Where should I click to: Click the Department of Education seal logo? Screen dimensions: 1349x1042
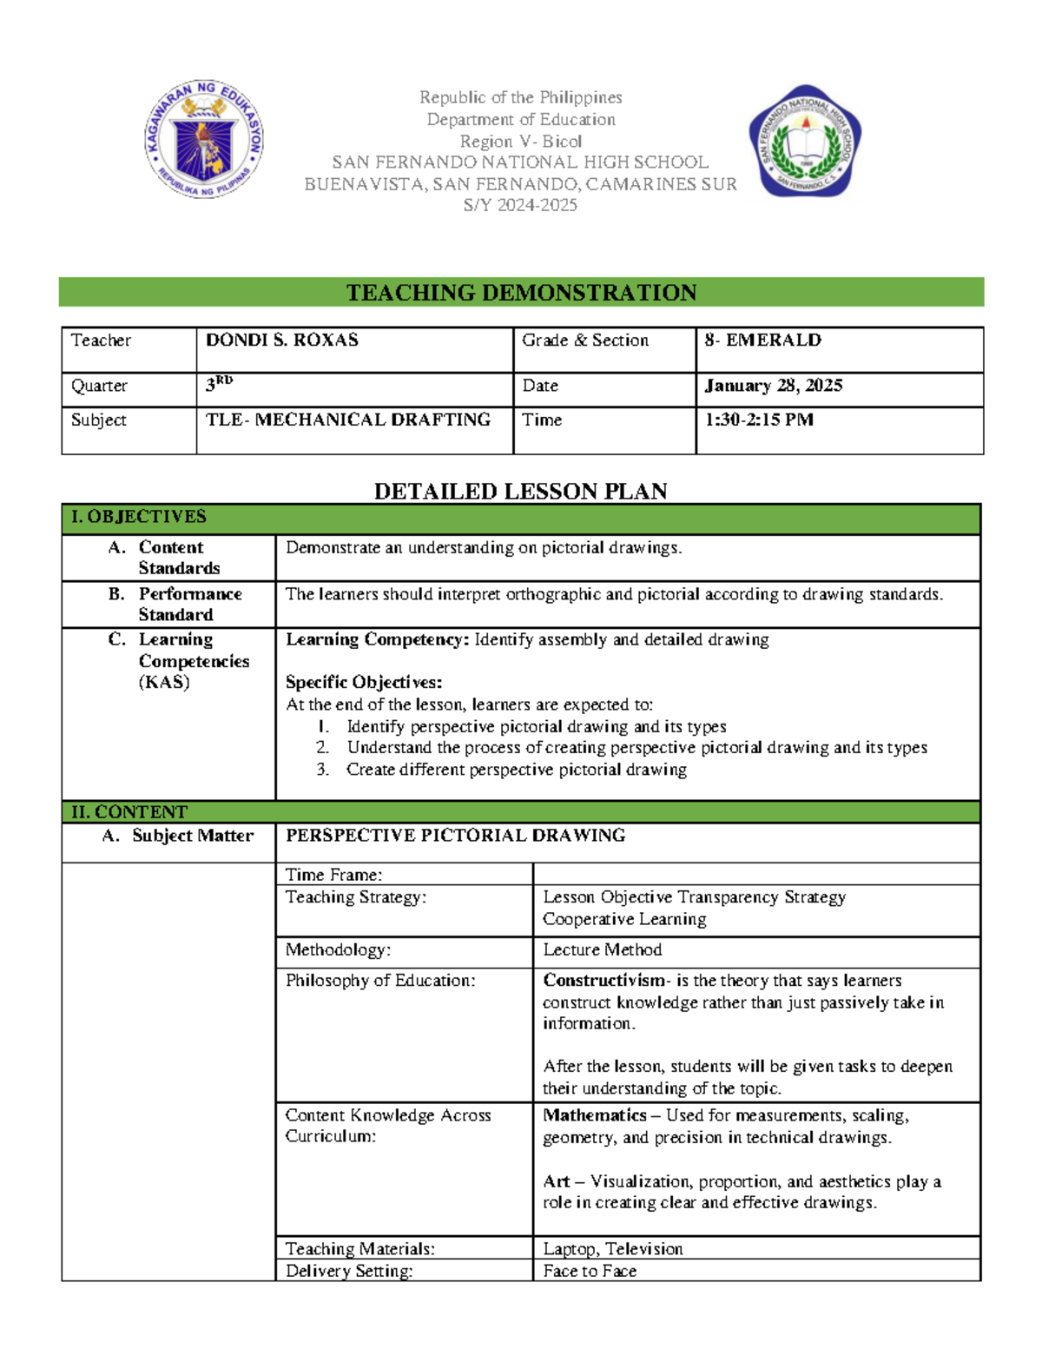(x=204, y=140)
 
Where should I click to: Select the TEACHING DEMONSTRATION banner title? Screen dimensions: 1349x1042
(x=521, y=293)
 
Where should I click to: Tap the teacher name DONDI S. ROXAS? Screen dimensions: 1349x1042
(x=282, y=341)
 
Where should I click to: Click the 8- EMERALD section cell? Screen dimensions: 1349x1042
(x=762, y=341)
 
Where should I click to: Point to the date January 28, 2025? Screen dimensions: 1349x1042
(x=773, y=386)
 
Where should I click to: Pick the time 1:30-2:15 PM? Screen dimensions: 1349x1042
(x=758, y=420)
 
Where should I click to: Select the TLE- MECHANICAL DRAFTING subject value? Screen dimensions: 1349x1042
(x=347, y=420)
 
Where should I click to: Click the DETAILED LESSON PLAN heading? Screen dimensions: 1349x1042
(x=520, y=492)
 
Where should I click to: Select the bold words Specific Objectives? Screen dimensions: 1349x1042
(x=364, y=683)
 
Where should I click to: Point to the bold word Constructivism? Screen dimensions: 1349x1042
(x=603, y=981)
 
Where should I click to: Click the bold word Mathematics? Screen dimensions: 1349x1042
(x=595, y=1115)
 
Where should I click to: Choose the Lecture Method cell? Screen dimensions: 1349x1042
(x=603, y=950)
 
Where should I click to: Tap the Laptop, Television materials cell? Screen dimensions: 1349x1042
(x=613, y=1249)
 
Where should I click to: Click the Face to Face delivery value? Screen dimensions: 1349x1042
(x=590, y=1271)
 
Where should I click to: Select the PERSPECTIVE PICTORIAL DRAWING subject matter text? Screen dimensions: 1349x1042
(x=455, y=836)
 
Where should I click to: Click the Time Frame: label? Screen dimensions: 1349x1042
(x=334, y=875)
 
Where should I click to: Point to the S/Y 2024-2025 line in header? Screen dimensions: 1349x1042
(x=520, y=206)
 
